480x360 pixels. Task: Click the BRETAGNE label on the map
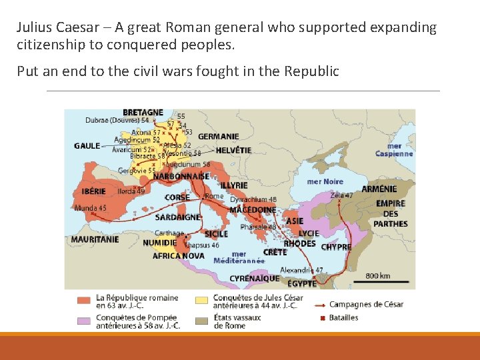[143, 112]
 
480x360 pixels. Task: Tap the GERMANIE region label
[218, 137]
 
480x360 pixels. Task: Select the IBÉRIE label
[93, 191]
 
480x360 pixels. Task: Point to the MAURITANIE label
[95, 239]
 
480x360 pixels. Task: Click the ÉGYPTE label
[302, 283]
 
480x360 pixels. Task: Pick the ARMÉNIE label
[379, 189]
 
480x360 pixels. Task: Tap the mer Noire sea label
[325, 181]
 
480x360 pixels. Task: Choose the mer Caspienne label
[393, 150]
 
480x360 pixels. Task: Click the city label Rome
[214, 196]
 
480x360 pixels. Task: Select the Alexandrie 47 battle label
[301, 270]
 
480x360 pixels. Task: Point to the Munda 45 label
[90, 208]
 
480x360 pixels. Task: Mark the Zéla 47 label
[341, 195]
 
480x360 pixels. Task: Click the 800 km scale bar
[378, 280]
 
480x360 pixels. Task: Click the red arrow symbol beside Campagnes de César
[318, 305]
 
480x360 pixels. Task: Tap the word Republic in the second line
[313, 71]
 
